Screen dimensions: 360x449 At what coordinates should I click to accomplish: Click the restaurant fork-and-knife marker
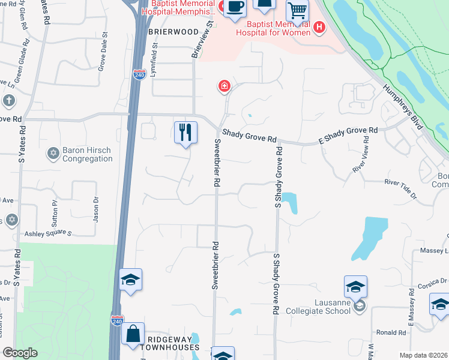[185, 132]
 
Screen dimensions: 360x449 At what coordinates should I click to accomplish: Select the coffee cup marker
[235, 7]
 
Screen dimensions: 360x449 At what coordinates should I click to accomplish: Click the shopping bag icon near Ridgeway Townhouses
[133, 334]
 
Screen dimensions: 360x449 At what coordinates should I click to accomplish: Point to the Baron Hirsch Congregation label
[87, 155]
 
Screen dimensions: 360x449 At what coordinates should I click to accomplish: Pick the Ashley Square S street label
[48, 233]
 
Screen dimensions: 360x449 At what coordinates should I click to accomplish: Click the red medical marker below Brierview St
[224, 87]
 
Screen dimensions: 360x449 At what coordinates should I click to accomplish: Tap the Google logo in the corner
[20, 353]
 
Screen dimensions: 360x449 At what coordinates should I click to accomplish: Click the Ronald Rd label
[391, 332]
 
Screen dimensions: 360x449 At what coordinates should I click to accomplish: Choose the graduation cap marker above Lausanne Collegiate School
[355, 287]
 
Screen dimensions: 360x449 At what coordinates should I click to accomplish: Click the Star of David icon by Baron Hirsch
[53, 154]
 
